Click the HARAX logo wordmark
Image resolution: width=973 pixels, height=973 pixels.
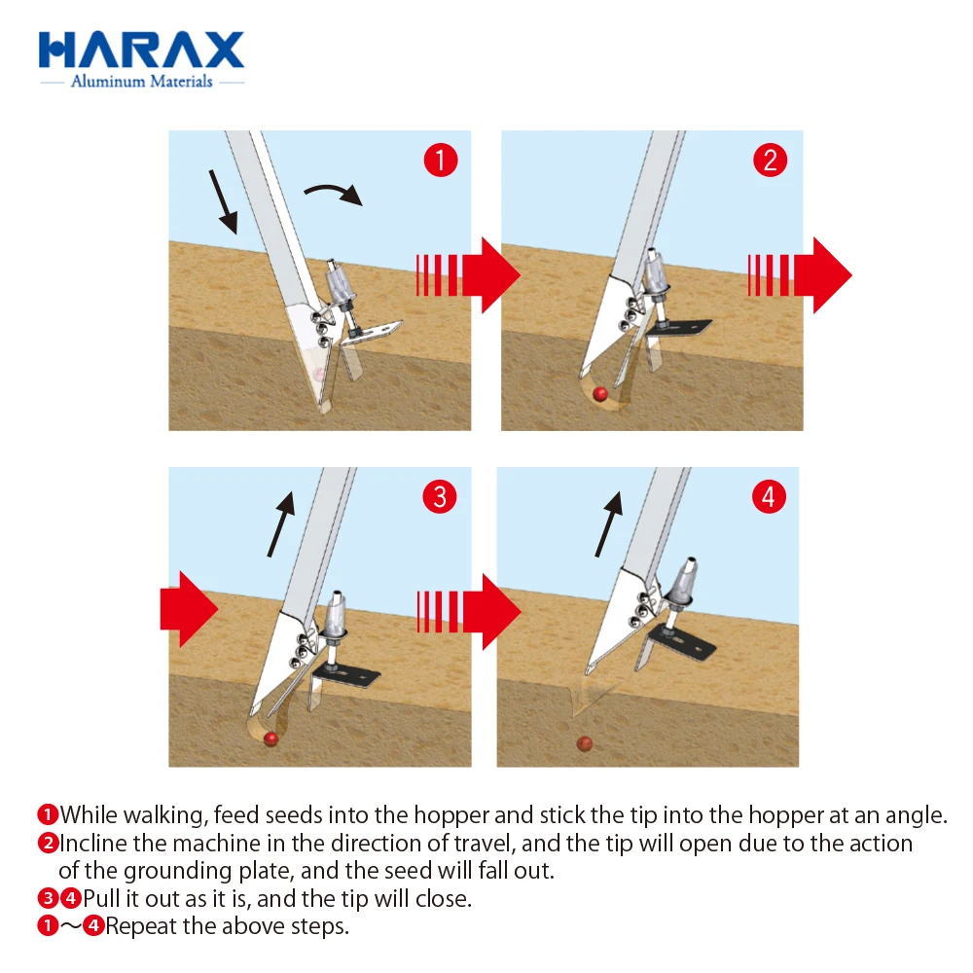141,50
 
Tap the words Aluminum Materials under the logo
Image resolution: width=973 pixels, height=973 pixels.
141,82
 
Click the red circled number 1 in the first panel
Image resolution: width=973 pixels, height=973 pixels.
441,161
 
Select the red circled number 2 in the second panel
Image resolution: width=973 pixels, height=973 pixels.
770,161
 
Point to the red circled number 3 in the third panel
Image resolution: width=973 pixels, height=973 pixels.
440,496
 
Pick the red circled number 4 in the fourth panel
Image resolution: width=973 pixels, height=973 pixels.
769,496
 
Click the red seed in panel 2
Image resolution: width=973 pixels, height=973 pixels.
600,394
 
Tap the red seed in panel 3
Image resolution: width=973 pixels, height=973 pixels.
270,739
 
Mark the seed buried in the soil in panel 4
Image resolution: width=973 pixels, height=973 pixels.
585,743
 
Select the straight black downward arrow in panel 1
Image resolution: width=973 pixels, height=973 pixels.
224,201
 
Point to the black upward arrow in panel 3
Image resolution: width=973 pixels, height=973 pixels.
281,524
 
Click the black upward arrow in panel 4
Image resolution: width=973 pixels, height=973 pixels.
609,524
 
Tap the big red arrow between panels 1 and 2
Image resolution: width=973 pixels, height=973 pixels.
468,275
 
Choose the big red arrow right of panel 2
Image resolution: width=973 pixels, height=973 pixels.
800,275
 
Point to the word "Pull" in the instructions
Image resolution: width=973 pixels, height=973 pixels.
102,898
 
